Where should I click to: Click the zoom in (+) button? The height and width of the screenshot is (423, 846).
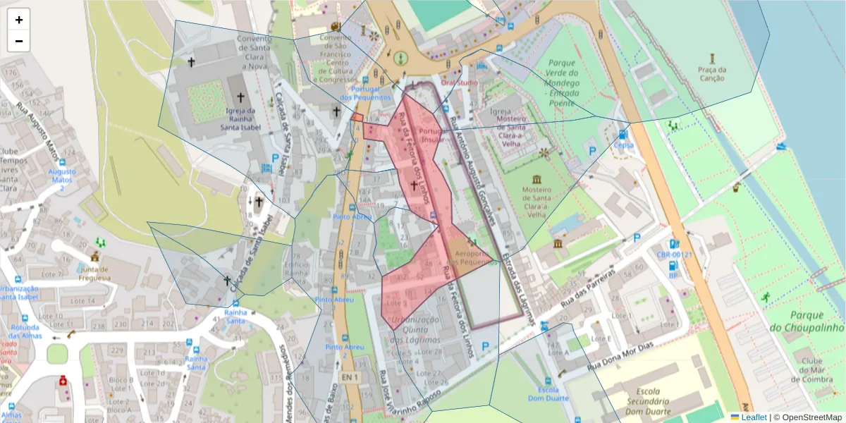click(19, 20)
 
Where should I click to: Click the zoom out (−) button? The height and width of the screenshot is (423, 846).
click(19, 41)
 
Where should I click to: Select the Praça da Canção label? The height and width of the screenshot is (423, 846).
click(711, 74)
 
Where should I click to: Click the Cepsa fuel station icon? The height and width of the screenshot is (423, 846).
click(623, 134)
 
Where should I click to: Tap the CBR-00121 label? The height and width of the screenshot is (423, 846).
click(675, 255)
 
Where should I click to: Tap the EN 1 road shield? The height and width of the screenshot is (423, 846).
click(350, 378)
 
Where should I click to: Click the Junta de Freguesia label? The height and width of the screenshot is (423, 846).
click(94, 273)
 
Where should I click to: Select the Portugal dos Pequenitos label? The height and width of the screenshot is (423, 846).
click(365, 93)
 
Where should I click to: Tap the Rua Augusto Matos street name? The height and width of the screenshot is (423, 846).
click(37, 113)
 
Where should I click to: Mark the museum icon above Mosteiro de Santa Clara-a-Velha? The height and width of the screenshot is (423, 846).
click(537, 178)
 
